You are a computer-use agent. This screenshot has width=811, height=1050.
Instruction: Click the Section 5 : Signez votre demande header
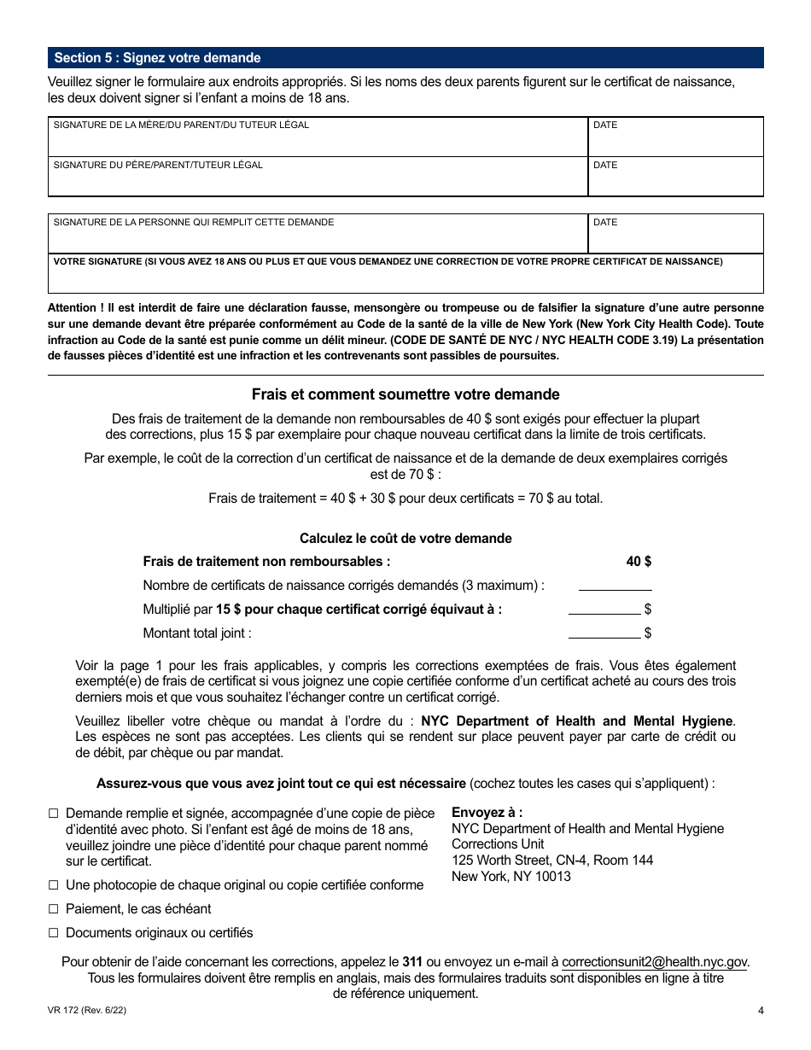click(158, 58)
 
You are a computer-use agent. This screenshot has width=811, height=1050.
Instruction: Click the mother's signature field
click(318, 142)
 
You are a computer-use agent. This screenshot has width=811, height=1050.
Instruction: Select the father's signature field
click(318, 181)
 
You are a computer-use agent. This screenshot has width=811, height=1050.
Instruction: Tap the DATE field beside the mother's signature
click(675, 142)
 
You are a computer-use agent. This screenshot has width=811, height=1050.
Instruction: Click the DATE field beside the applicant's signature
click(675, 237)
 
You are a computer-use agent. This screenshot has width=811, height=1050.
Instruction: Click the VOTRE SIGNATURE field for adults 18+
click(405, 278)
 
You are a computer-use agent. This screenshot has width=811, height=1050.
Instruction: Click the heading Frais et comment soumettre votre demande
click(405, 394)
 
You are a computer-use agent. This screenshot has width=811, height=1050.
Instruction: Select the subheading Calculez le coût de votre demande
click(405, 539)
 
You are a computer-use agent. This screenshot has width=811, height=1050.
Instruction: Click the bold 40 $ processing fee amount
click(639, 562)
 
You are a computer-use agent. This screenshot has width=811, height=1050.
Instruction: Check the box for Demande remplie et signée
click(54, 814)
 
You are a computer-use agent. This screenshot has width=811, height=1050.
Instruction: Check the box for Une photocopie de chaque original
click(54, 885)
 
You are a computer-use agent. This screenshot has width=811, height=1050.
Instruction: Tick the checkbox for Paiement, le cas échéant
click(54, 909)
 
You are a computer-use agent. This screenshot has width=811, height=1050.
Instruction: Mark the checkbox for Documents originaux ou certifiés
click(54, 933)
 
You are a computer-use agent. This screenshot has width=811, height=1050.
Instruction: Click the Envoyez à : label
click(487, 813)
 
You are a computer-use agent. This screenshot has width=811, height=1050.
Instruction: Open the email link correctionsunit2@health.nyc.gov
click(655, 962)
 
